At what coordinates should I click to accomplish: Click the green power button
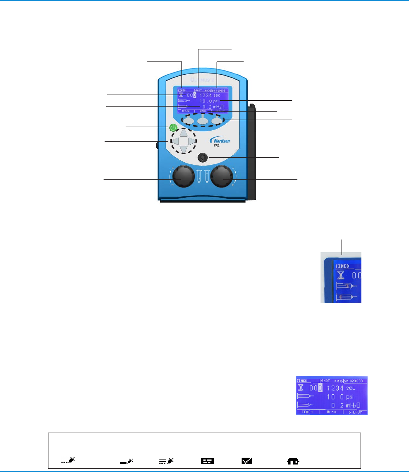pyautogui.click(x=173, y=127)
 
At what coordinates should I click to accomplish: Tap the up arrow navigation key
pyautogui.click(x=183, y=133)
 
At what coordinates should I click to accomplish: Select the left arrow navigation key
pyautogui.click(x=175, y=141)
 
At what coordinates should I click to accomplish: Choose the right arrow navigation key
pyautogui.click(x=191, y=141)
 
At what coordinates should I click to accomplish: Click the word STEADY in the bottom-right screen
pyautogui.click(x=355, y=412)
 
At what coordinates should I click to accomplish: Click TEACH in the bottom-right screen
pyautogui.click(x=307, y=412)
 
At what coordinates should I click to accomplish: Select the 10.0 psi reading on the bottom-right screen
pyautogui.click(x=340, y=397)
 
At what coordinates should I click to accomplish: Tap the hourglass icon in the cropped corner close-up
pyautogui.click(x=341, y=275)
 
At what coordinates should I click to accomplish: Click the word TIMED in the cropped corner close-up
pyautogui.click(x=342, y=266)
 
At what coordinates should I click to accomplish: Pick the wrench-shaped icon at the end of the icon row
pyautogui.click(x=293, y=461)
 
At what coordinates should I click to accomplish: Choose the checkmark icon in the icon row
pyautogui.click(x=247, y=461)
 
